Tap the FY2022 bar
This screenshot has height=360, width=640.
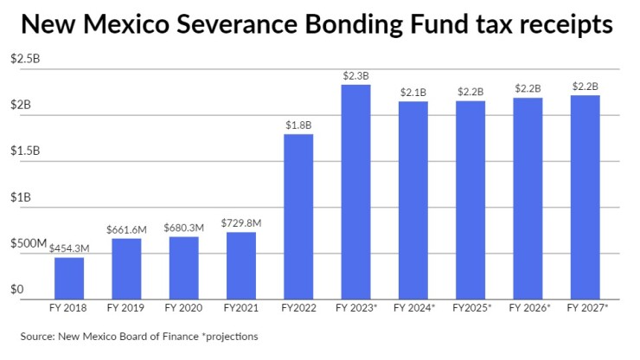(298, 215)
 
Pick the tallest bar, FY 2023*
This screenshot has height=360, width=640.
(355, 190)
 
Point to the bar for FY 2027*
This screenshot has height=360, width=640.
(585, 196)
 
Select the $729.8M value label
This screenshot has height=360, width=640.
(240, 224)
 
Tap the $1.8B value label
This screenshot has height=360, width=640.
(298, 125)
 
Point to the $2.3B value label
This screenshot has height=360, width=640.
(355, 76)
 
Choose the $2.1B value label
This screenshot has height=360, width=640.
(413, 93)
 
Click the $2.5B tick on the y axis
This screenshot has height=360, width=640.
(24, 59)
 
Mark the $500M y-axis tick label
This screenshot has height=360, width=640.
(28, 243)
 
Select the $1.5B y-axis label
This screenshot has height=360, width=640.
(24, 151)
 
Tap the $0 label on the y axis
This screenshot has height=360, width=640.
(16, 290)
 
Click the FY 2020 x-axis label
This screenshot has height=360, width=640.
(183, 307)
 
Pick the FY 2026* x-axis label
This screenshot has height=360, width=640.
(528, 307)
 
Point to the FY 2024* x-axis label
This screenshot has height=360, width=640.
(413, 307)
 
